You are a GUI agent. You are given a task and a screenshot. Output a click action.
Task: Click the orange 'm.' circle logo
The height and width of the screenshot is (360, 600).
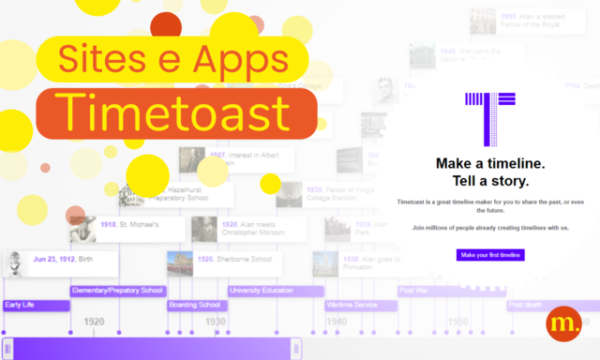click(563, 324)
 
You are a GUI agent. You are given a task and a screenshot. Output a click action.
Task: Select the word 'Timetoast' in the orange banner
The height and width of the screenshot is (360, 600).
click(176, 113)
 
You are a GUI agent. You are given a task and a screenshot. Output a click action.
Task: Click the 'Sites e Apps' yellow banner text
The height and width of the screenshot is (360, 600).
click(172, 58)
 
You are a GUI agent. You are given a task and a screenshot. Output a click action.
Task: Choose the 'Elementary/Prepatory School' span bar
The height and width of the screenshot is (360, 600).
click(118, 291)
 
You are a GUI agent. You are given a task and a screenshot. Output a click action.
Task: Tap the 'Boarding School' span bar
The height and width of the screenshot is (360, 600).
click(195, 305)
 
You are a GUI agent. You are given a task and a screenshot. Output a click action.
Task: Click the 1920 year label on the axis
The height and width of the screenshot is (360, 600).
click(94, 322)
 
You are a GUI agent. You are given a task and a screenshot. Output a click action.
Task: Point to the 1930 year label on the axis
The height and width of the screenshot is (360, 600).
click(216, 322)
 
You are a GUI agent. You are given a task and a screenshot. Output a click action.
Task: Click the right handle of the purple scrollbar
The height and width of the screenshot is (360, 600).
click(296, 349)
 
